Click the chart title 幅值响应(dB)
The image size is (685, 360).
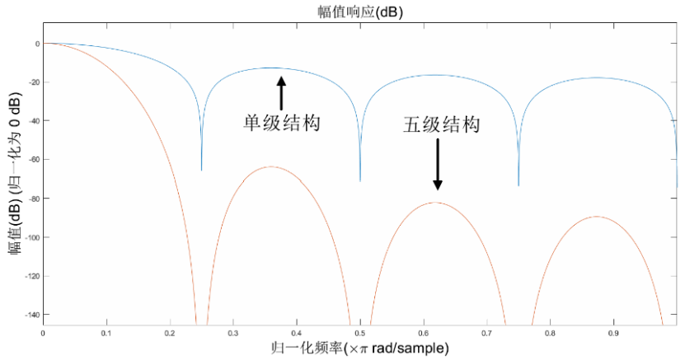pos(360,12)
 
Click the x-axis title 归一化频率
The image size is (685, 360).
pos(307,348)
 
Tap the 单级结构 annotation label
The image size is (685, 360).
pos(282,123)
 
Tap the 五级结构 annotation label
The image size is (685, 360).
pos(441,124)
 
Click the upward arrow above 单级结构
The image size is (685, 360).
pos(281,93)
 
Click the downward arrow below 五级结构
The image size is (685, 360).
pos(438,165)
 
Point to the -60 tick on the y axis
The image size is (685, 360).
pos(35,160)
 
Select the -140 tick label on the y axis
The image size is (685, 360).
pos(33,315)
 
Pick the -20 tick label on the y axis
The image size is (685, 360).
pos(35,82)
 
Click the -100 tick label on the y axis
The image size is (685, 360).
pos(33,237)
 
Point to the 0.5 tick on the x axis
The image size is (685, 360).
pos(360,334)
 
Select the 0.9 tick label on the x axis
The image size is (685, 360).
pos(614,334)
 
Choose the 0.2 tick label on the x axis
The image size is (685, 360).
pos(170,334)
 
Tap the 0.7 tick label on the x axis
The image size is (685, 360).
pos(486,334)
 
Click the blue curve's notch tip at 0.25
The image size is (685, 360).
pos(201,171)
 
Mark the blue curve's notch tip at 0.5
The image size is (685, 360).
pos(360,181)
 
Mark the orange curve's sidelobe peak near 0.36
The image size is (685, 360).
pos(271,166)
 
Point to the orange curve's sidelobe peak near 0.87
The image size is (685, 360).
pos(596,217)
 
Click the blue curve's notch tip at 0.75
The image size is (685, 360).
pos(518,186)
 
